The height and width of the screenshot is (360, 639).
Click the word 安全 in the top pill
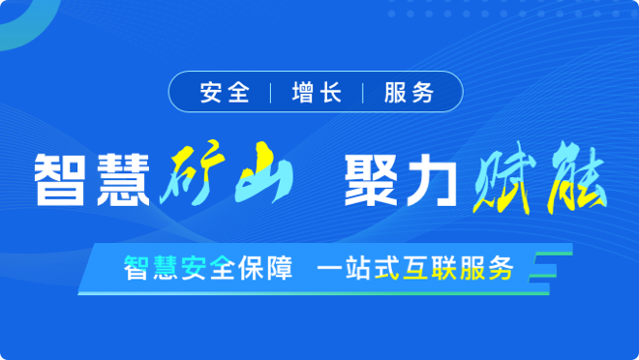pos(225,93)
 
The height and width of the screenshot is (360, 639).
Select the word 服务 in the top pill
pos(408,93)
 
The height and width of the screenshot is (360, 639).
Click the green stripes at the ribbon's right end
pos(547,271)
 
